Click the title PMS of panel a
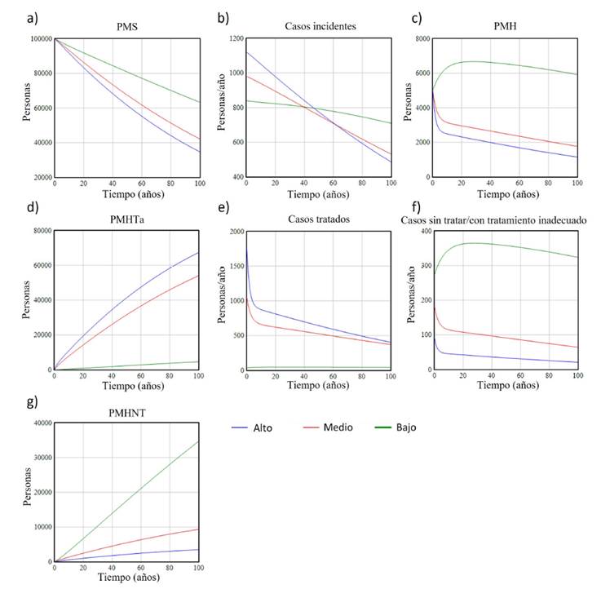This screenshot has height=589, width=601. pos(126,27)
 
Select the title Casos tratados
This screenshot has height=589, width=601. pos(318,219)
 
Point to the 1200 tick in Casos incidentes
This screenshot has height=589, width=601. pos(233,39)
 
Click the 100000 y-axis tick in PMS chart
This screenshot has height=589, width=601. pos(38,39)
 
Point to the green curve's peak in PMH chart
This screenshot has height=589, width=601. pos(473,61)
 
